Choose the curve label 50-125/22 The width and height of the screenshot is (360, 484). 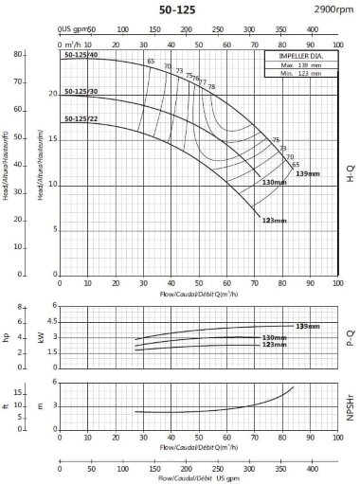click(x=81, y=118)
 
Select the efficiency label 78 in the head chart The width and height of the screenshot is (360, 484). click(x=211, y=87)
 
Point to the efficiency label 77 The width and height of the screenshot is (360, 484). click(x=203, y=82)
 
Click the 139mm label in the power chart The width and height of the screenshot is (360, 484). click(x=307, y=326)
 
